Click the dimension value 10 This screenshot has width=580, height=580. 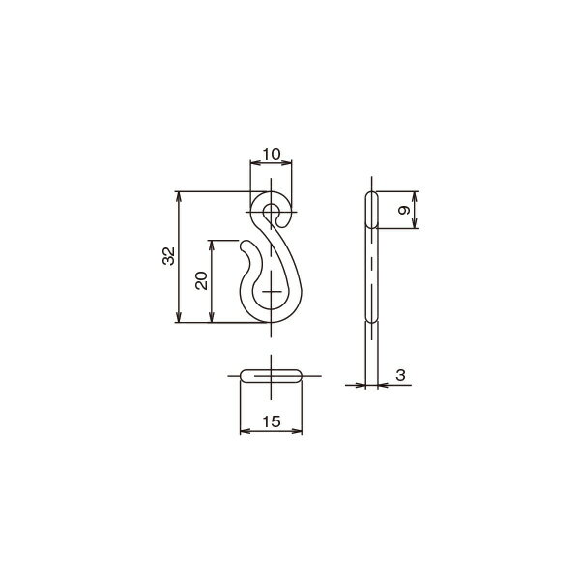coord(272,154)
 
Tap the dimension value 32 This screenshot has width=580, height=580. coord(168,255)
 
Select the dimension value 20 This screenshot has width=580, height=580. coord(201,280)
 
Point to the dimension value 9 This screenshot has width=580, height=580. coord(404,210)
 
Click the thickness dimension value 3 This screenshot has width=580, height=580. coord(400,375)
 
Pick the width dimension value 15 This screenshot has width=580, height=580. coord(272,421)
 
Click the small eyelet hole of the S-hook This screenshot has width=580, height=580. coord(272,212)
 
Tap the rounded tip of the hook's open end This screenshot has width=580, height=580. coord(245,246)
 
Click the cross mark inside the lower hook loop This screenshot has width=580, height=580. coord(272,292)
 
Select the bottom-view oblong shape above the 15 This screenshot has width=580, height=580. coord(271,375)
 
